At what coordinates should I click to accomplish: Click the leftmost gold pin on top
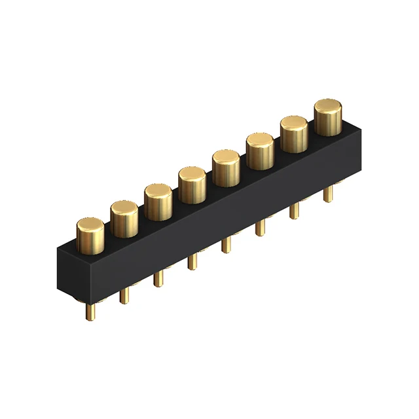coord(90,235)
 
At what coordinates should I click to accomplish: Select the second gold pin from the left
coord(124,218)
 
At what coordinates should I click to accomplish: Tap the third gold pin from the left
coord(158,201)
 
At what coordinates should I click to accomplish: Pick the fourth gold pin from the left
coord(192,183)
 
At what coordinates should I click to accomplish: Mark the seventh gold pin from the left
coord(294,133)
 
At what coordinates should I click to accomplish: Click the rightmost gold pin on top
coord(328,116)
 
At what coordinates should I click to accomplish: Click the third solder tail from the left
coord(158,278)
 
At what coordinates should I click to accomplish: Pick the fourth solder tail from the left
coord(192,261)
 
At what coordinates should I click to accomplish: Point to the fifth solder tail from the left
coord(227,244)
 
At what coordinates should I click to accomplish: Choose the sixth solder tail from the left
coord(261,227)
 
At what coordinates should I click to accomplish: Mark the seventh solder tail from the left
coord(295,210)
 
